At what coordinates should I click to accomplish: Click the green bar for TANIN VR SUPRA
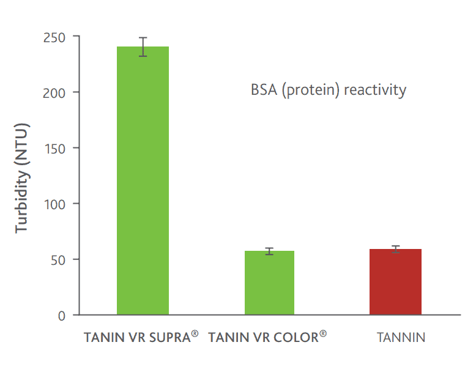[x=143, y=180]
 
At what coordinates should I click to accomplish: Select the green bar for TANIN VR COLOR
[x=269, y=283]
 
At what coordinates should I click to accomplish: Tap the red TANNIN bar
[x=395, y=282]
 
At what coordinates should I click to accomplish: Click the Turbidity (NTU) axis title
[x=23, y=177]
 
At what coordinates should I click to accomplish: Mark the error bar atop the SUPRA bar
[x=143, y=46]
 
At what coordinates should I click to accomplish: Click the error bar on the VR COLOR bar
[x=269, y=251]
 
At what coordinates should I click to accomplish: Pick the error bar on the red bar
[x=395, y=249]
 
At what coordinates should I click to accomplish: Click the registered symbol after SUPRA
[x=195, y=333]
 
